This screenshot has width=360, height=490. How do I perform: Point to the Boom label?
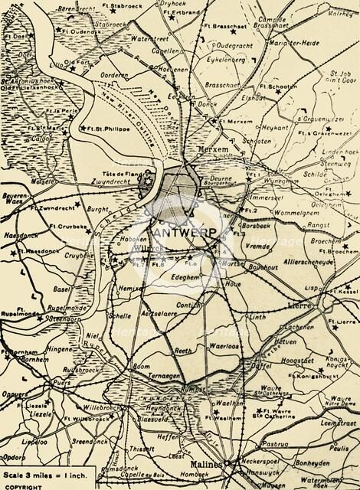(142, 367)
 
